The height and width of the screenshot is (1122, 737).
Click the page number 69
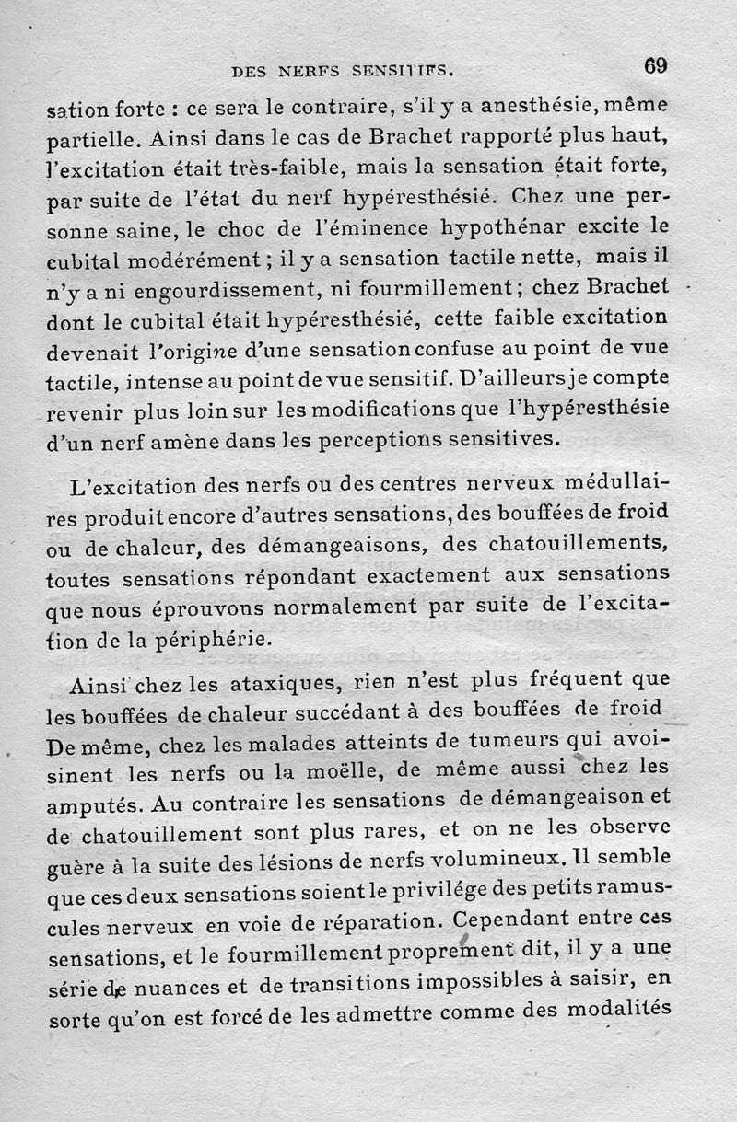[x=655, y=66]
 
